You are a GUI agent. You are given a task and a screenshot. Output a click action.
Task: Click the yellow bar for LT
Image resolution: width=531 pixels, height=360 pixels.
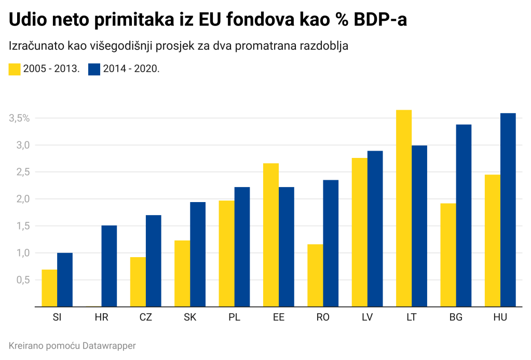[403, 208]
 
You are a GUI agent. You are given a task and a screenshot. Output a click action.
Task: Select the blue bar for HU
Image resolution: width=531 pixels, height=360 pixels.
[508, 210]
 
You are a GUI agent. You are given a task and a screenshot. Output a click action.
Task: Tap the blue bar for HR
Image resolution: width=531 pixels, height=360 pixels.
[109, 266]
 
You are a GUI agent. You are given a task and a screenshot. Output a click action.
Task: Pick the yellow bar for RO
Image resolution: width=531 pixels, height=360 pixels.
[315, 275]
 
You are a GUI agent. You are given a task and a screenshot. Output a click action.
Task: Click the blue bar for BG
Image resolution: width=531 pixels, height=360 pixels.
[464, 216]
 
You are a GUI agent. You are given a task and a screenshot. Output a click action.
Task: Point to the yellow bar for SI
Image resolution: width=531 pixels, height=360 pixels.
[49, 288]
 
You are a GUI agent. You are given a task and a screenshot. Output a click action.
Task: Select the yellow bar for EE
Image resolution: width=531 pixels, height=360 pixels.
[271, 235]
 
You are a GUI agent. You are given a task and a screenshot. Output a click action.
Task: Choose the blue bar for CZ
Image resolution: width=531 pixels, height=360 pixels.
[153, 261]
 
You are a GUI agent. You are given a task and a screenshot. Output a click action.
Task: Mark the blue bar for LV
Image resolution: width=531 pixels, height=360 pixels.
[375, 229]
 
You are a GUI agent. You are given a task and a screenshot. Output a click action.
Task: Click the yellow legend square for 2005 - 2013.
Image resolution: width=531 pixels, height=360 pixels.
[15, 69]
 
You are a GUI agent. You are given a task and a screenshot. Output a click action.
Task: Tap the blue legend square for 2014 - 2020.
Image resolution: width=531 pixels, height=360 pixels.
[94, 69]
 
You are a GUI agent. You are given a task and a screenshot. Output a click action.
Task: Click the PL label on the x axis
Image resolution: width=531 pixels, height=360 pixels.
[234, 317]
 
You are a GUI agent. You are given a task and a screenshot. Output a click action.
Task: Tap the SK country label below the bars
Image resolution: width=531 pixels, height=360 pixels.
[190, 317]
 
